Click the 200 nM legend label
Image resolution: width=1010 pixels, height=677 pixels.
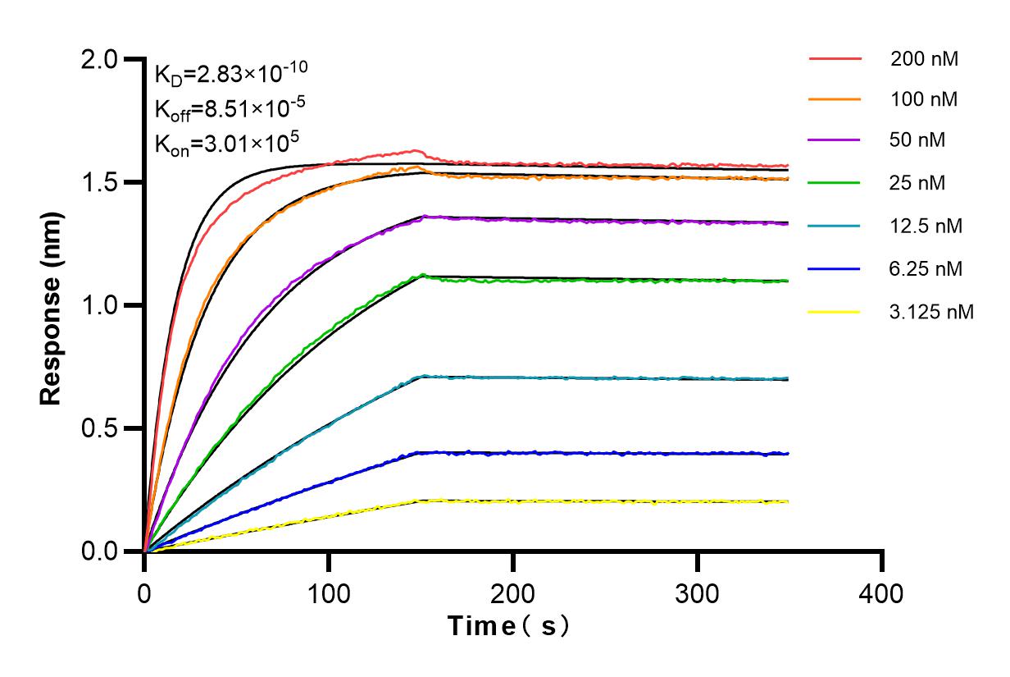[x=925, y=59]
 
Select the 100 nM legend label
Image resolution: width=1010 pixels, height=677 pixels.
[x=925, y=100]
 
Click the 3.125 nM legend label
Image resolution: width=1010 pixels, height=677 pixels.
[x=932, y=312]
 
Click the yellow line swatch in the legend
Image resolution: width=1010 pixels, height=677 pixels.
[x=835, y=312]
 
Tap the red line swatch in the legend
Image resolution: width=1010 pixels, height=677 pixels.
[x=835, y=59]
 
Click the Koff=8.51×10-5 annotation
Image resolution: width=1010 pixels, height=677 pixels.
[x=226, y=108]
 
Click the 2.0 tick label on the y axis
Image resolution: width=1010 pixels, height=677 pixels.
[x=99, y=59]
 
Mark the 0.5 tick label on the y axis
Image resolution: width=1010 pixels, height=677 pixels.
[x=99, y=428]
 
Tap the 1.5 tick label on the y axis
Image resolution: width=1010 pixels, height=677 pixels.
[x=99, y=182]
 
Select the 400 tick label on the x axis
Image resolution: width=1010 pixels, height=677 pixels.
[x=882, y=592]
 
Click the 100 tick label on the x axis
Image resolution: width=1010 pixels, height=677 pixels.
[x=329, y=592]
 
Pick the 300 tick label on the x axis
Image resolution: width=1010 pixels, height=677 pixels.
[x=698, y=592]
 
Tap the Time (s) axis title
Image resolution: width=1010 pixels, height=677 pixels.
[x=508, y=626]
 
